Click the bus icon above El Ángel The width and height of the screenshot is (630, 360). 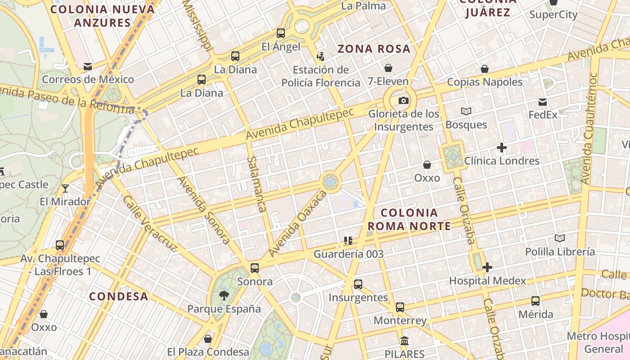pos(281,33)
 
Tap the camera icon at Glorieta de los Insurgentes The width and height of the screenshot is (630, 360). pos(404,100)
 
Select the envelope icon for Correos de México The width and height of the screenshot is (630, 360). pos(88,67)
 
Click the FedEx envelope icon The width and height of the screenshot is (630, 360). pos(543,102)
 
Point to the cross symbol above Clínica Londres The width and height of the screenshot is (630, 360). pos(501,148)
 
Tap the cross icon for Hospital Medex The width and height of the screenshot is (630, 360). pos(487,268)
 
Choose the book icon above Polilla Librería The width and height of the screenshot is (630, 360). pos(560,238)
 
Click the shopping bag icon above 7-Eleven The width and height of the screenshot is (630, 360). pos(388,68)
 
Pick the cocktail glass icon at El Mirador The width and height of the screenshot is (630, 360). pos(65,188)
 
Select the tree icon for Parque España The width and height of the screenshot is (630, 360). pos(224,296)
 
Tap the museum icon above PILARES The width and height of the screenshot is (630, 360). pos(404,341)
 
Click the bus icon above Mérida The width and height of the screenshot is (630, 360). pos(535,301)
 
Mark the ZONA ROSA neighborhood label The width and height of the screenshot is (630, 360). pos(374,49)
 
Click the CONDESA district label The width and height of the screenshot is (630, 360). pos(118,296)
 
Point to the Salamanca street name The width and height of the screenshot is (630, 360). pos(257,184)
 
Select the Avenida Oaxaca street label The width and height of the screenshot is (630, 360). pos(297,224)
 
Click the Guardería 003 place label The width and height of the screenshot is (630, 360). pos(348,254)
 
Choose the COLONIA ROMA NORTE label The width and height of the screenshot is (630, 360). pos(409,219)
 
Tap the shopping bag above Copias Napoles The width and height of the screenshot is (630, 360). pos(485,69)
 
